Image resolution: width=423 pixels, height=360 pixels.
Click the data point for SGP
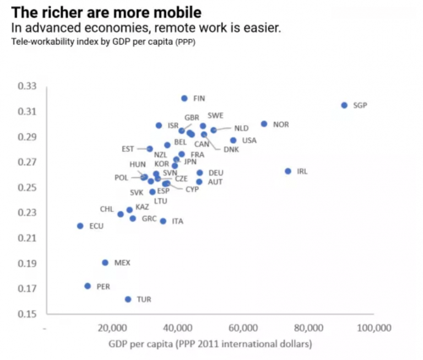coord(344,105)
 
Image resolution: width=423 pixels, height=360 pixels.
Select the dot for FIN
coord(185,99)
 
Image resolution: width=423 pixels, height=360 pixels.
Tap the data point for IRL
coord(288,171)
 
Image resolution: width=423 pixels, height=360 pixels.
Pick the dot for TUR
coord(128,299)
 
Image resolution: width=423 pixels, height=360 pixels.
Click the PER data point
coord(88,286)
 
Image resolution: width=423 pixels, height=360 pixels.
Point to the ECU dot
coord(80,226)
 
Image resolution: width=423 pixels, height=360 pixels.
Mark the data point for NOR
coord(264,124)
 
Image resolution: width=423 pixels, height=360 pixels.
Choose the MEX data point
coord(105,263)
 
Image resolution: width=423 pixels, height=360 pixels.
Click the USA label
coord(249,141)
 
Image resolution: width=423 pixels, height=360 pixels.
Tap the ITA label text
coord(177,221)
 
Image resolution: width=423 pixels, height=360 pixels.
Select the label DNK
coord(231,149)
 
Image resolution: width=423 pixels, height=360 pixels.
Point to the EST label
coord(127,149)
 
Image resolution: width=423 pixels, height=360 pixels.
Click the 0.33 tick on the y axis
coord(26,87)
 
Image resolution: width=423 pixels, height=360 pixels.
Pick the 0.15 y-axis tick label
coord(26,314)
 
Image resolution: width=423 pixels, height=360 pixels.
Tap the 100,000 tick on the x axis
coord(374,328)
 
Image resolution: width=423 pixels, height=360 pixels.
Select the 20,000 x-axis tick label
coord(113,328)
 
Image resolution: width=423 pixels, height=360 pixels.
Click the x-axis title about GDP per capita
coord(210,345)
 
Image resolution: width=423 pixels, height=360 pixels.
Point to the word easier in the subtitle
coord(262,28)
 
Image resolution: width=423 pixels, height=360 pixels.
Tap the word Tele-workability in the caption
coord(36,41)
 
